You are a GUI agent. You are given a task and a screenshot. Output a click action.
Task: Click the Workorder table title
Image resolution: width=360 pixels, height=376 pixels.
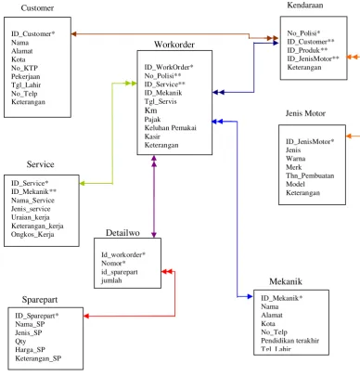coord(174,45)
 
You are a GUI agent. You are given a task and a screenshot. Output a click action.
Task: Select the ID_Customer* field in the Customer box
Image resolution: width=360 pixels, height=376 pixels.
coord(33,33)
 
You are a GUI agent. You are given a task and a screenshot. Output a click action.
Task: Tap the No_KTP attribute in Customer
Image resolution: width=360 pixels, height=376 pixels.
coord(24,68)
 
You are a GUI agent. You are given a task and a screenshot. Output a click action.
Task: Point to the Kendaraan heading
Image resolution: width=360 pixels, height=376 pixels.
coord(305,6)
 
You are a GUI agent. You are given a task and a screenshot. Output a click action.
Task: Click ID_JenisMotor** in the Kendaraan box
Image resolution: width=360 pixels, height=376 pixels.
coord(313,58)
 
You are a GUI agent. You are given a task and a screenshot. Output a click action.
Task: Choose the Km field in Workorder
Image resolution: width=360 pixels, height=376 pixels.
coord(150,110)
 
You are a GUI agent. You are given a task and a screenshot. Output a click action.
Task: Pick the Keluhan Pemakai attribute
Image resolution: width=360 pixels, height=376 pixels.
coord(170,128)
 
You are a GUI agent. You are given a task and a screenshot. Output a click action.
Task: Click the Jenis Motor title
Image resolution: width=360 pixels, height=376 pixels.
coord(305,113)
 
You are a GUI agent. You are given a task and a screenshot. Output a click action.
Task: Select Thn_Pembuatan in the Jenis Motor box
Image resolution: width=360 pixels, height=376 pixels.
coord(310,175)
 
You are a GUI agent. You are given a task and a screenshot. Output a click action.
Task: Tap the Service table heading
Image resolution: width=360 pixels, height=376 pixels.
coord(40,164)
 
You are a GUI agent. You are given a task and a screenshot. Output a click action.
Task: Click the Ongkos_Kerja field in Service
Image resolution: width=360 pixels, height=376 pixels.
coord(32,235)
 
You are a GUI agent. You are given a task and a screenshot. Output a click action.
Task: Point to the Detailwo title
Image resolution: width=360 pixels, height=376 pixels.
coord(122,233)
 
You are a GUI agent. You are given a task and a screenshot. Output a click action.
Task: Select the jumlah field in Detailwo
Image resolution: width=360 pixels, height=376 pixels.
coord(111,280)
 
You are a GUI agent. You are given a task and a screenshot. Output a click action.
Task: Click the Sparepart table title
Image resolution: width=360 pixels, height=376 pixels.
coord(40,300)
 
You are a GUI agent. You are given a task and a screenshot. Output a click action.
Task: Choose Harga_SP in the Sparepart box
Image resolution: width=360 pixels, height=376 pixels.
coord(30,350)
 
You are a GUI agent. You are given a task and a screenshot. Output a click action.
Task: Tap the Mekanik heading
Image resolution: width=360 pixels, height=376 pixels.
coord(286,281)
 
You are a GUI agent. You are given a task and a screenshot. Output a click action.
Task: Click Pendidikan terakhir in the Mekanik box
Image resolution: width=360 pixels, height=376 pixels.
coord(289,341)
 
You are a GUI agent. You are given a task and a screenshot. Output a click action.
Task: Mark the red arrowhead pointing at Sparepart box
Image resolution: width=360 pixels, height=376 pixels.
coord(86,316)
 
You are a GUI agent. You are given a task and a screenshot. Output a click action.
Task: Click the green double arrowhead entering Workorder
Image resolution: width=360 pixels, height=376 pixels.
coord(131,83)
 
